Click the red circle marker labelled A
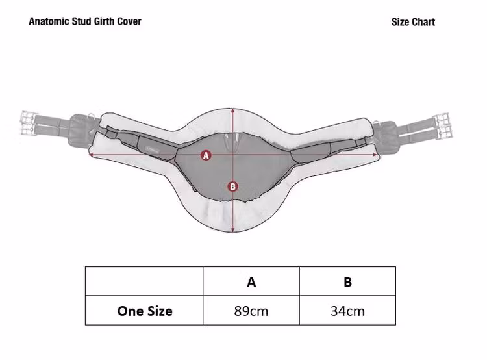pyautogui.click(x=206, y=155)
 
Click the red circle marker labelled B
pyautogui.click(x=232, y=186)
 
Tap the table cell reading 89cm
pyautogui.click(x=251, y=310)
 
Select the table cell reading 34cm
pyautogui.click(x=347, y=310)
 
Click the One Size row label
pyautogui.click(x=144, y=310)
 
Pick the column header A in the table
pyautogui.click(x=251, y=281)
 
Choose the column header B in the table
pyautogui.click(x=347, y=281)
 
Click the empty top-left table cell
pyautogui.click(x=144, y=281)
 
